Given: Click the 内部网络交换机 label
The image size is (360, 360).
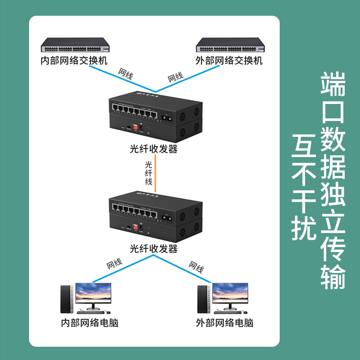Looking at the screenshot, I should tap(74, 61).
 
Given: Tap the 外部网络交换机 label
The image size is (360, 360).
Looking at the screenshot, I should tap(229, 61).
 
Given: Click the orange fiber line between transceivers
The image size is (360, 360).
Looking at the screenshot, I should tap(155, 173).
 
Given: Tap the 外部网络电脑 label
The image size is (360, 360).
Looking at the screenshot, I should tap(224, 323).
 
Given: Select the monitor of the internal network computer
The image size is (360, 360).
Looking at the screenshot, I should tap(93, 295).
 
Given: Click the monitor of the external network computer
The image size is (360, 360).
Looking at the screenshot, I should tap(230, 295).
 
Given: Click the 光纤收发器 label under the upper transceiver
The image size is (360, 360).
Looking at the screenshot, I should tap(153, 149).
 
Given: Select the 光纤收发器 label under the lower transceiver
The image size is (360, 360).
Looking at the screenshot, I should tap(153, 248).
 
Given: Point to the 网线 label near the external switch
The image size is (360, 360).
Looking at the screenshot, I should tap(175, 77).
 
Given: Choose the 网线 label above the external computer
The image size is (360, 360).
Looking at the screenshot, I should tap(196, 267).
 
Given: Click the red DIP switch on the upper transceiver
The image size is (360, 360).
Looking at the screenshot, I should tap(134, 126).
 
